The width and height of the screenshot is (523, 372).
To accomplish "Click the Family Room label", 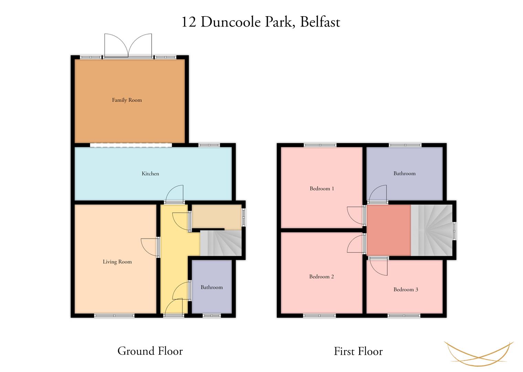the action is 127,100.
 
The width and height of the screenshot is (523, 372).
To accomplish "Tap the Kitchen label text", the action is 150,174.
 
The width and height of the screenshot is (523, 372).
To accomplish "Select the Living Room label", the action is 117,262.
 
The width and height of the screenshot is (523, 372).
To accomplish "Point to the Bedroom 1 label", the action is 322,188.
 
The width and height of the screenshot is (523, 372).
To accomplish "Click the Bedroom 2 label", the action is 322,277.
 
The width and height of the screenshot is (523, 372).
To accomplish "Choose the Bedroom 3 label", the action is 406,290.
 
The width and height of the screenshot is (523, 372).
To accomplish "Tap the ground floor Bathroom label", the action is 211,287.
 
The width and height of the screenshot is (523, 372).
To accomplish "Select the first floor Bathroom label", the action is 405,173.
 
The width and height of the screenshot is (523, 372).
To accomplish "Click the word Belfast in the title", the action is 320,22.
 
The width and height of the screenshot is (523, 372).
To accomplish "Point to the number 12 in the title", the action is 189,22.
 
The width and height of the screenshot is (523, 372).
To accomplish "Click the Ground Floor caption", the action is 150,351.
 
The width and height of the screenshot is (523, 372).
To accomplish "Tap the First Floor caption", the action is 358,351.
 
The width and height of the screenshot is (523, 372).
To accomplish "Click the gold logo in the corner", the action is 479,353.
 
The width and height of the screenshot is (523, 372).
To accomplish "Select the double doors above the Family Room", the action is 128,45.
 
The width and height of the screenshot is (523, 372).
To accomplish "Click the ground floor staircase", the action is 221,243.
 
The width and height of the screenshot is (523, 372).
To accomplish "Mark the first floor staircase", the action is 432,230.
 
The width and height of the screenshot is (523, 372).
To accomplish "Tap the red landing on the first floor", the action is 388,230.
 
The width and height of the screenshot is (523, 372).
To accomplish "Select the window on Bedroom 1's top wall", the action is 320,145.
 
